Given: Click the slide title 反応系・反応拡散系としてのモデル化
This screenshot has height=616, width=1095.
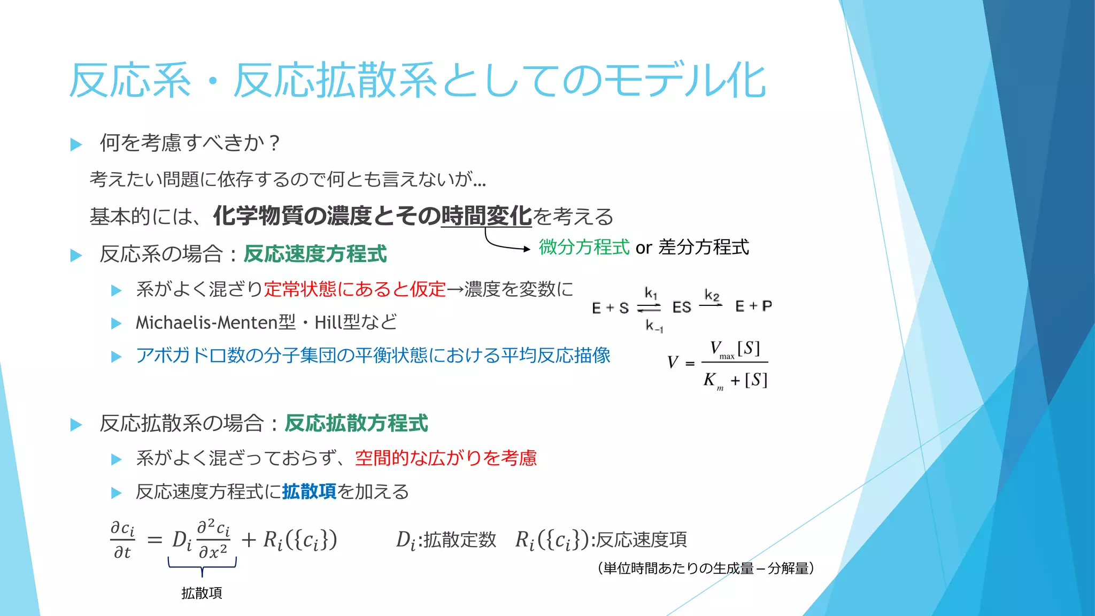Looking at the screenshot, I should pyautogui.click(x=417, y=81).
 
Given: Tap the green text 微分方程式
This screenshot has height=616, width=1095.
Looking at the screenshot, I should pyautogui.click(x=584, y=247).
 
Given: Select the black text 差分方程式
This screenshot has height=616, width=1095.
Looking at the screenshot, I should pyautogui.click(x=704, y=247).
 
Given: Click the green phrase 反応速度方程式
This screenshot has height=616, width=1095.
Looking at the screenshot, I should pyautogui.click(x=315, y=254).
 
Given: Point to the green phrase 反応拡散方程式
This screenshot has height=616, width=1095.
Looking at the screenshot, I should pyautogui.click(x=356, y=423).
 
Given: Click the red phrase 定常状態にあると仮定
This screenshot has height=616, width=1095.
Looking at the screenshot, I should pyautogui.click(x=354, y=289).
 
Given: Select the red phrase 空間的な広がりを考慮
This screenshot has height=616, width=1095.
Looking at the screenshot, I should pyautogui.click(x=446, y=458).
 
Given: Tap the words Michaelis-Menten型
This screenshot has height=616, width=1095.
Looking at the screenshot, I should pyautogui.click(x=215, y=322).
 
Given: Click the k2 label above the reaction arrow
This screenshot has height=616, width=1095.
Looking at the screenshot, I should pyautogui.click(x=712, y=295).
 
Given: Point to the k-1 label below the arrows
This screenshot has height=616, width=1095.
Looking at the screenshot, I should pyautogui.click(x=654, y=326).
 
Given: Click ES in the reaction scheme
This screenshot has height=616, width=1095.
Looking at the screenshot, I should pyautogui.click(x=681, y=307).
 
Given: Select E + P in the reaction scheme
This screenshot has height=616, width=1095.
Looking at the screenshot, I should pyautogui.click(x=753, y=306).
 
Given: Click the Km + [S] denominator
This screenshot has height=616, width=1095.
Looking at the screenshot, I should pyautogui.click(x=735, y=380).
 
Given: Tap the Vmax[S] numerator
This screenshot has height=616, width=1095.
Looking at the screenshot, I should pyautogui.click(x=735, y=349).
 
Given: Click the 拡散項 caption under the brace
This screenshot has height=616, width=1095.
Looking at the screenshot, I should pyautogui.click(x=202, y=593).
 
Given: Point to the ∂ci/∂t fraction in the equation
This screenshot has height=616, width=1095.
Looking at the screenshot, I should pyautogui.click(x=122, y=540).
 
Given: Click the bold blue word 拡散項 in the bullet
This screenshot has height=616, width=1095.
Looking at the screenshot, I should pyautogui.click(x=310, y=492).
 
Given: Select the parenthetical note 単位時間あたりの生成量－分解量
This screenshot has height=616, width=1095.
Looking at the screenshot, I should pyautogui.click(x=706, y=568).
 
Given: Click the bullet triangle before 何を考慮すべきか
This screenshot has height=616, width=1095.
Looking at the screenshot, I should pyautogui.click(x=76, y=144).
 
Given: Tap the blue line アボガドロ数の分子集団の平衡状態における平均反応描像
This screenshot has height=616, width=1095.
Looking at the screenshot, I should pyautogui.click(x=373, y=356).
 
